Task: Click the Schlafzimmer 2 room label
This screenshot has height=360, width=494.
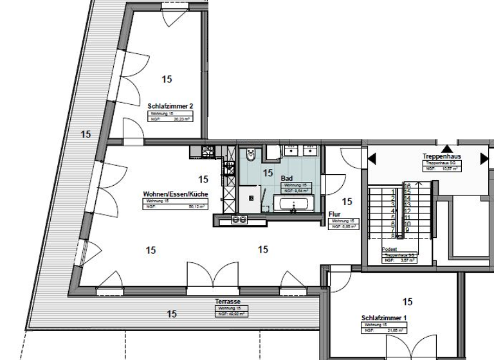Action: (x=170, y=106)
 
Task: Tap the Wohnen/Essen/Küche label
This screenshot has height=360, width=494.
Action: (x=175, y=194)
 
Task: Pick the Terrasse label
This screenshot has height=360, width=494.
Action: (x=228, y=301)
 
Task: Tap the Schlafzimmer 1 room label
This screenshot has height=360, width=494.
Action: (x=385, y=318)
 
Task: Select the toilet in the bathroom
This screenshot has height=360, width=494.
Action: (x=252, y=156)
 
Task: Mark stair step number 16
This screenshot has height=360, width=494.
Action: (x=407, y=186)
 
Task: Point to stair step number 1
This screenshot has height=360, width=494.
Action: (x=392, y=191)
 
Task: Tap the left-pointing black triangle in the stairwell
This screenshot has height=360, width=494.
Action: (x=371, y=158)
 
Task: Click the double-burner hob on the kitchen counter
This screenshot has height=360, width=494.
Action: (x=240, y=220)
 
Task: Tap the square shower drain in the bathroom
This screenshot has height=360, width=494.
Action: (x=252, y=198)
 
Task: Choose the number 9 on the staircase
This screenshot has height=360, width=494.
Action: (x=407, y=230)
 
